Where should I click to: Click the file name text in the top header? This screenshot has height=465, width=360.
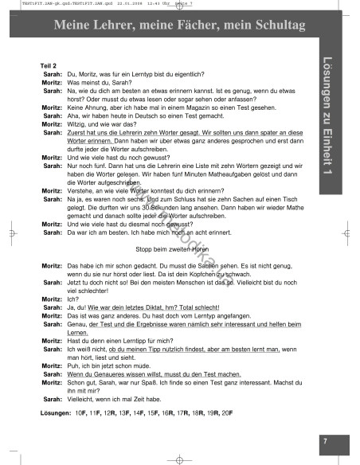pos(47,3)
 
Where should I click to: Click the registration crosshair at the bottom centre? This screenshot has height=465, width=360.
pos(176,458)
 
